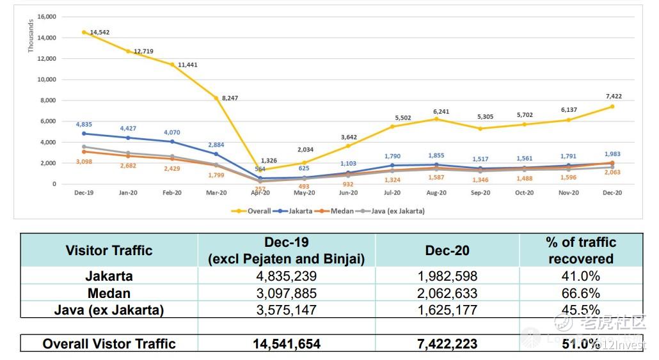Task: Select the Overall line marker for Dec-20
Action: [x=612, y=106]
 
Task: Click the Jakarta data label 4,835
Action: [x=84, y=125]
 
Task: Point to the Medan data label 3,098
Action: [x=84, y=161]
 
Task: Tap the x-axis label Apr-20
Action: [x=260, y=192]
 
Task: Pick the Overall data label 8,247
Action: [x=231, y=98]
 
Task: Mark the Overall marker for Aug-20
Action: [x=437, y=119]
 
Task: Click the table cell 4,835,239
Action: [x=286, y=276]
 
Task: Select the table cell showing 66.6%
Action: [x=580, y=293]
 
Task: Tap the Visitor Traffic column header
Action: [x=109, y=250]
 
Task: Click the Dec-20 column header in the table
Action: [x=447, y=250]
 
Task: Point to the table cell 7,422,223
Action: [x=447, y=344]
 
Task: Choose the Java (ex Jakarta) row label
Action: [x=109, y=310]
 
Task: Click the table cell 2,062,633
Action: [x=447, y=293]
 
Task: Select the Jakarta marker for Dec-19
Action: [x=84, y=134]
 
